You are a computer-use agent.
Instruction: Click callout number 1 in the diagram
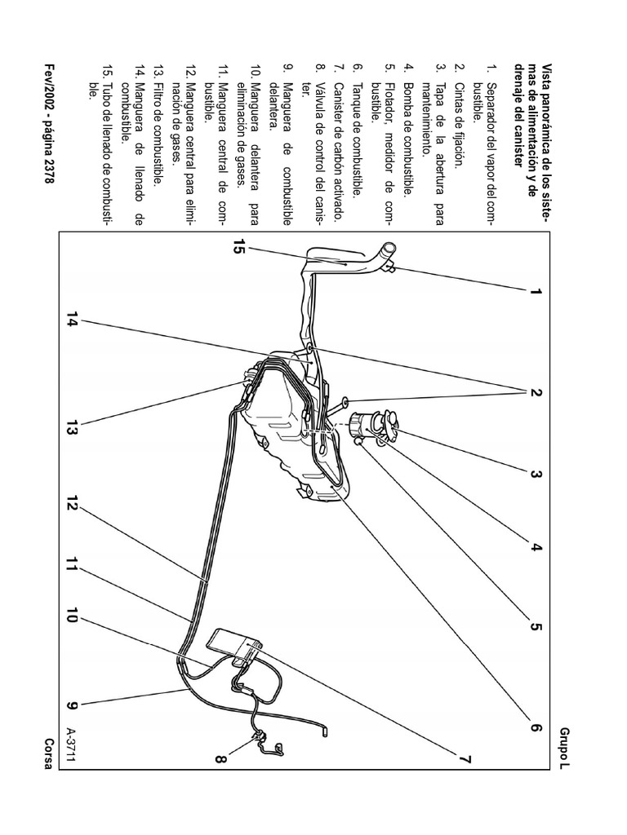coord(536,291)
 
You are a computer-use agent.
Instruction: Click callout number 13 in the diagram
coord(71,427)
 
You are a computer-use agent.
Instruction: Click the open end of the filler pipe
coord(391,247)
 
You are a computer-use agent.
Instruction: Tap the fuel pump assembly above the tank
coord(375,426)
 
